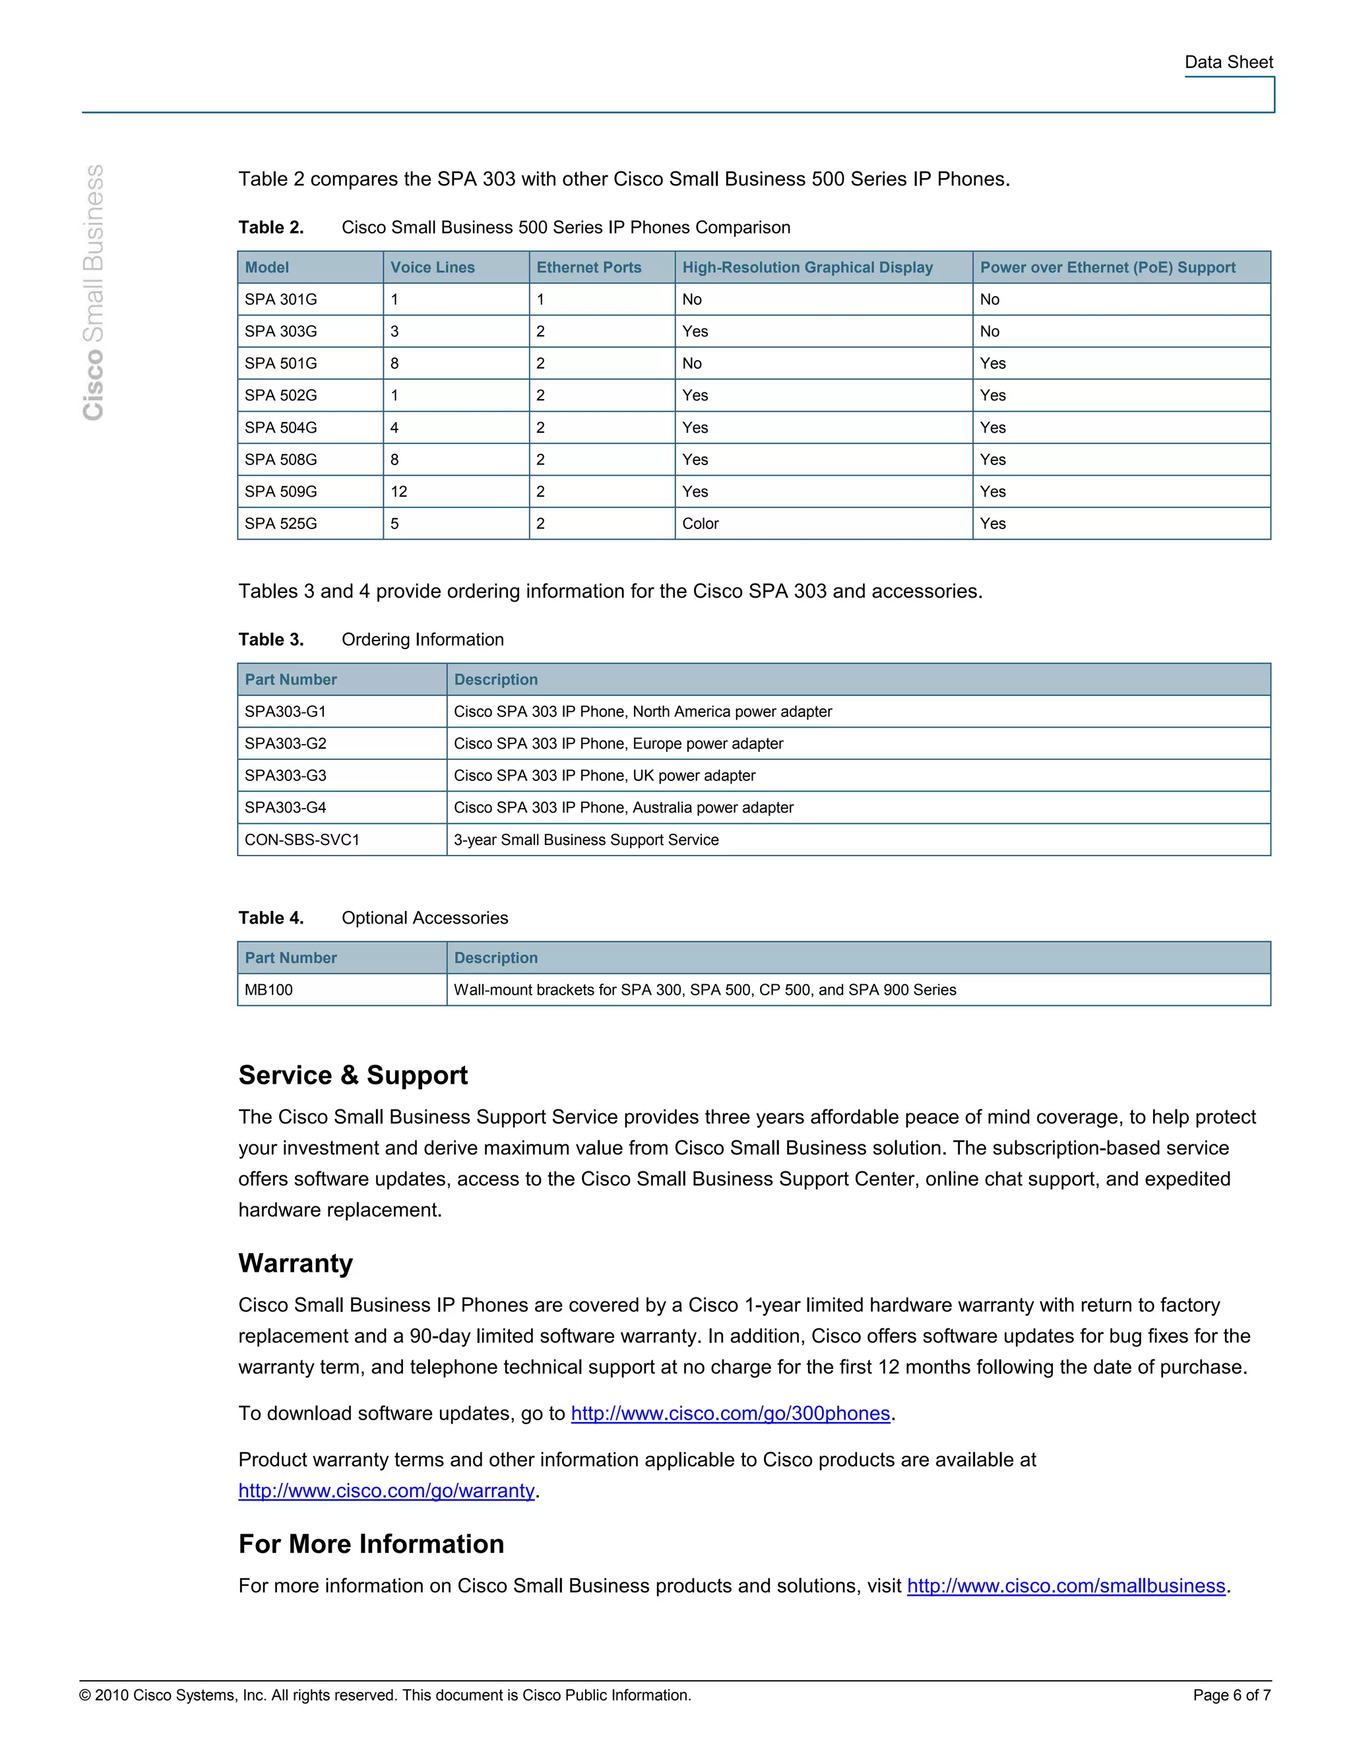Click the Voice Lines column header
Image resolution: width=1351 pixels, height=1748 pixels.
[432, 267]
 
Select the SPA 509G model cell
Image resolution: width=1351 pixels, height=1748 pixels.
[281, 491]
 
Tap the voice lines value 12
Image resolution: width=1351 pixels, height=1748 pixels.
[398, 491]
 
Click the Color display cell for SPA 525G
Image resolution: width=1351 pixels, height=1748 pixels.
[701, 524]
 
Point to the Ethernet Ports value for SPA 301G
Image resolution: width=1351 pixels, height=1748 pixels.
[540, 299]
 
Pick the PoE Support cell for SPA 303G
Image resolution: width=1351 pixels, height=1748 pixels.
[990, 331]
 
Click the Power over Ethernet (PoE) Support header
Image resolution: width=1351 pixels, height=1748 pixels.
[1107, 267]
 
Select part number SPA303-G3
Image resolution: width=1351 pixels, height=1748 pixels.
[285, 776]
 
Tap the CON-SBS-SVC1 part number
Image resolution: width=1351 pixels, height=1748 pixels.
[301, 840]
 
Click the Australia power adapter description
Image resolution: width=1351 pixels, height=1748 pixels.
[623, 807]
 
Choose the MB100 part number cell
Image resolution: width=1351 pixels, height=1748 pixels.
[269, 990]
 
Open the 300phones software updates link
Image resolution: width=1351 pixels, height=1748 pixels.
[730, 1414]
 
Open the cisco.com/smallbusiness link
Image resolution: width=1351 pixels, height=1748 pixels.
[1065, 1586]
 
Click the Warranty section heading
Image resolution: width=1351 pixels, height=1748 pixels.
[296, 1263]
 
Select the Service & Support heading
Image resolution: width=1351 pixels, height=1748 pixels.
[353, 1075]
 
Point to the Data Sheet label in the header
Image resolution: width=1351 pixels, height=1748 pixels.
[1228, 63]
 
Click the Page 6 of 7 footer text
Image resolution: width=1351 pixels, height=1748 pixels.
[1231, 1695]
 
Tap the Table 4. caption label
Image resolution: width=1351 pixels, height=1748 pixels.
[270, 918]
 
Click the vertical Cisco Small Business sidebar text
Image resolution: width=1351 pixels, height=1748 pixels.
[94, 292]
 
